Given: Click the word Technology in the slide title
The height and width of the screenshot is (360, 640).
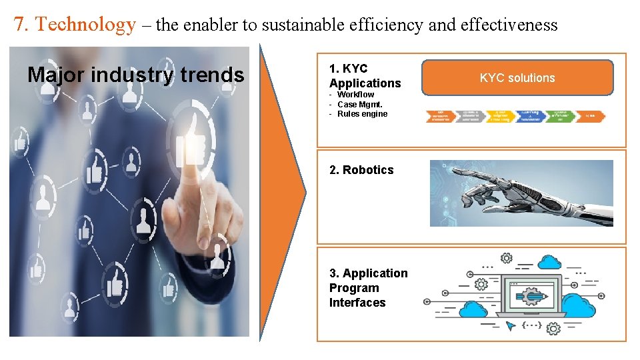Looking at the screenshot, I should pos(85,25).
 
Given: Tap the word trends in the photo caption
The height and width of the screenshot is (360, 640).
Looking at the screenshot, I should pos(213,75).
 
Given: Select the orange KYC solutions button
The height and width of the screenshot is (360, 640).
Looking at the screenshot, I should pos(517,78).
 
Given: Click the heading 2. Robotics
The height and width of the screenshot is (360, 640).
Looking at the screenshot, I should pos(361,170).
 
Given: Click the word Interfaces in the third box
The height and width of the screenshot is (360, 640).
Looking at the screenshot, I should pos(357,303).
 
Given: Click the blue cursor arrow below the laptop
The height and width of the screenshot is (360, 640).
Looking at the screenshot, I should pos(511,326).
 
